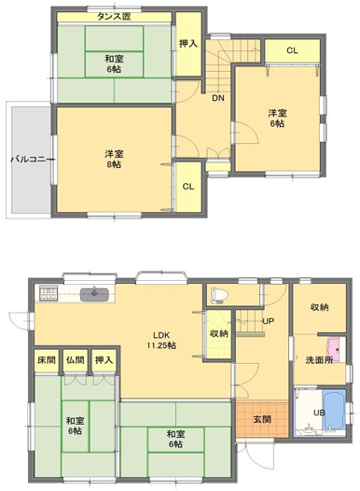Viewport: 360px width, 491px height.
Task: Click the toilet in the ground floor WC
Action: coord(218,295)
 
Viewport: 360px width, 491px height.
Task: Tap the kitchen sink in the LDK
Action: coord(94,294)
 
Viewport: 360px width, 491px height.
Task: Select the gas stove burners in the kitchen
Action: coord(48,294)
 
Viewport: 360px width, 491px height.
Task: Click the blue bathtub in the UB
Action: coord(334,410)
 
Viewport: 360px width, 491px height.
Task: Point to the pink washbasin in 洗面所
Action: coord(335,349)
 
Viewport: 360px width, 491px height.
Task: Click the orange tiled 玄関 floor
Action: coord(262,420)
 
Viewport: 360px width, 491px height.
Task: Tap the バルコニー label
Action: coord(33,160)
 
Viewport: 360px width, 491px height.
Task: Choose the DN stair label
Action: coord(218,98)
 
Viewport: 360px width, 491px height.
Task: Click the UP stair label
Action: coord(269,321)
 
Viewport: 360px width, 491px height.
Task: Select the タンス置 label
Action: coord(114,16)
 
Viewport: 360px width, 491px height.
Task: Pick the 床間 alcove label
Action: coord(47,359)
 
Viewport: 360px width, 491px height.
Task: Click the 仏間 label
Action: coord(76,359)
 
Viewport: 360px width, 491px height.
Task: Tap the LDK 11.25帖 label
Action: coord(161,341)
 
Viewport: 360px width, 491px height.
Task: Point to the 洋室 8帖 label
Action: coord(114,159)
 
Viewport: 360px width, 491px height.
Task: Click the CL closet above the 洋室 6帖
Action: coord(292,50)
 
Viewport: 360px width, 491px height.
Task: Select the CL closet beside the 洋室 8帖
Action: coord(188,187)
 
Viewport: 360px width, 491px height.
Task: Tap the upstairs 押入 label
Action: coord(188,44)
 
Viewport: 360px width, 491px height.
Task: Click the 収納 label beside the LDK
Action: coord(219,333)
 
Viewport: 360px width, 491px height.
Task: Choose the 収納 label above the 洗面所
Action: coord(319,307)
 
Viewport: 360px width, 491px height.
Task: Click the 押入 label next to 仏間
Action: coord(104,359)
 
